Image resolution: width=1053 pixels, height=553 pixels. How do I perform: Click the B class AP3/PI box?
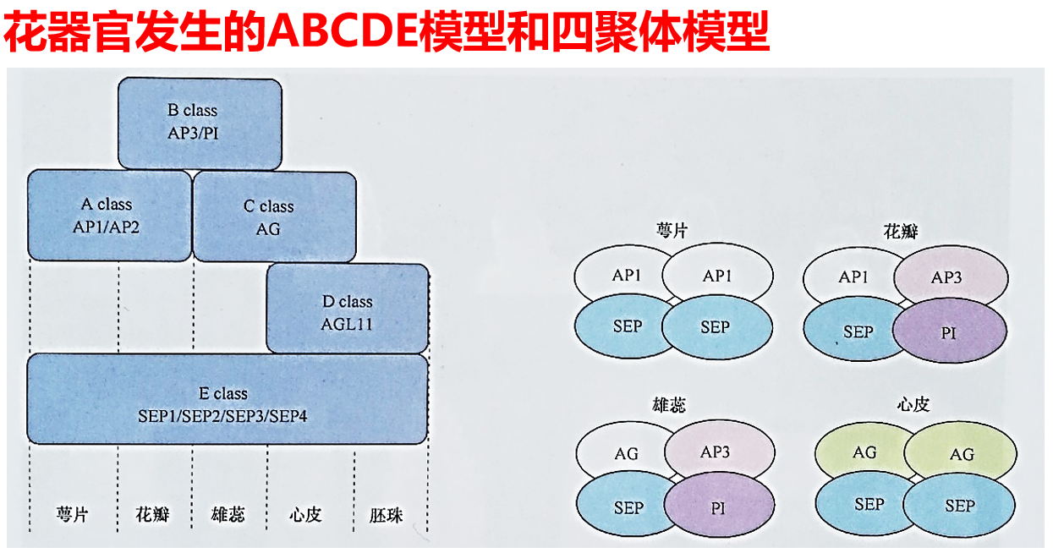tap(200, 123)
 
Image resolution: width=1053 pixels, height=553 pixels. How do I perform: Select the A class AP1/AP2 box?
tap(108, 216)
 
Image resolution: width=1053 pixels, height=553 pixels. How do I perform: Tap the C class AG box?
tap(274, 217)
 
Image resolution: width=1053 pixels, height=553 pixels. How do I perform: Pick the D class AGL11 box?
tap(348, 310)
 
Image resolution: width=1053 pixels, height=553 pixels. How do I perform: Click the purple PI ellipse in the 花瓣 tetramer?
tap(949, 332)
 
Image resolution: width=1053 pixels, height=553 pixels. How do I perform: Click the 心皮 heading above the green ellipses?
tap(913, 405)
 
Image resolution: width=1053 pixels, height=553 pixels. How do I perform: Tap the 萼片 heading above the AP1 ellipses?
tap(672, 230)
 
